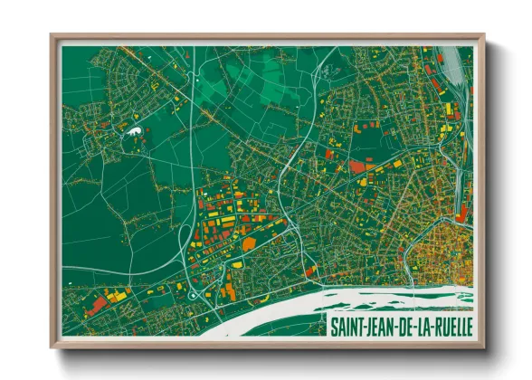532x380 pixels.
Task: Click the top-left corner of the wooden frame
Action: coord(52,37)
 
